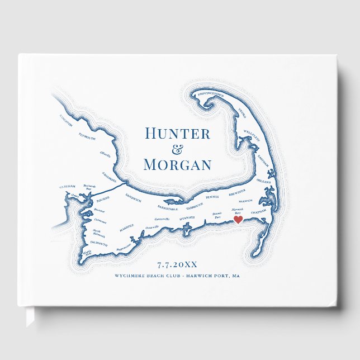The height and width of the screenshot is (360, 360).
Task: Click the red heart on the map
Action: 238,220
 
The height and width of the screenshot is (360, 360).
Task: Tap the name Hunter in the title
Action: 177,134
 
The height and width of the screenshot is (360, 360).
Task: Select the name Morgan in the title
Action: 177,164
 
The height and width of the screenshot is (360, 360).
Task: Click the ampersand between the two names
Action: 177,149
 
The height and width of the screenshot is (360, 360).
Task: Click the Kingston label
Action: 65,121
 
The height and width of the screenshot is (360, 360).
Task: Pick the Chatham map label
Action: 259,212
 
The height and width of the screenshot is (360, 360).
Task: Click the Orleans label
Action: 264,182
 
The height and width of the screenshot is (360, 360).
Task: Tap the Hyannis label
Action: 187,217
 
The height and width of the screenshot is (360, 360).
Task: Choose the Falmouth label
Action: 98,243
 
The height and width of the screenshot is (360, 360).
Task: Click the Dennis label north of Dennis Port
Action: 212,197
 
